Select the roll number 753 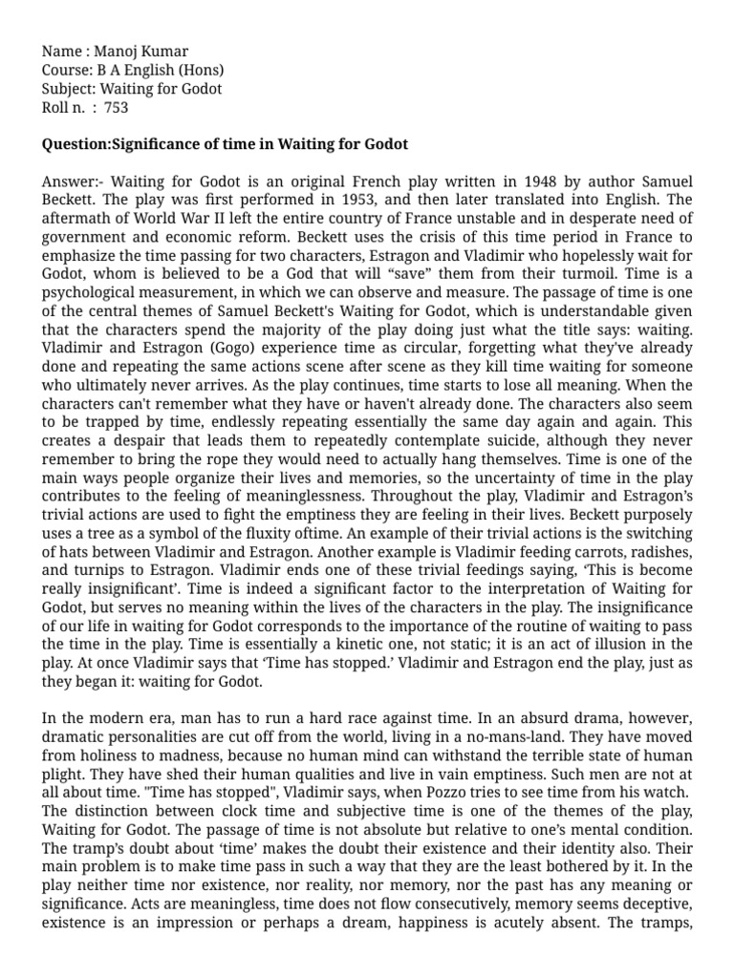coord(116,108)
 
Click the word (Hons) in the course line coord(202,70)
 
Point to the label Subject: coord(69,89)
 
